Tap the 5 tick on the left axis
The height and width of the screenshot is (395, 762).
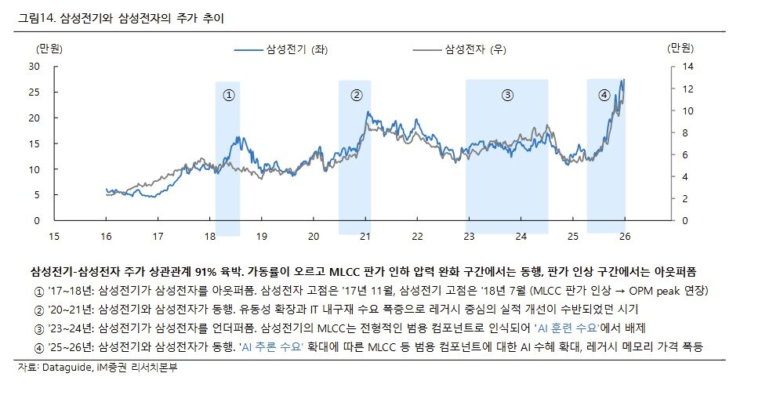[35, 195]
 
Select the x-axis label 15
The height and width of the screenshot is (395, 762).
[53, 236]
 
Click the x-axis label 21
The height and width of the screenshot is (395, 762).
[365, 236]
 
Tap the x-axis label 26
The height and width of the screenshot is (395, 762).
[625, 236]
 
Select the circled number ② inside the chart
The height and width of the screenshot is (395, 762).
[357, 95]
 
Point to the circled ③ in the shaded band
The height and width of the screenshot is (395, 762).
[507, 95]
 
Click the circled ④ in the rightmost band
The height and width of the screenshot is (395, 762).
[604, 95]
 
